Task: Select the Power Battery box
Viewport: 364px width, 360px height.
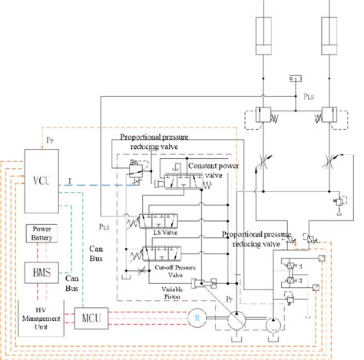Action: [x=42, y=231]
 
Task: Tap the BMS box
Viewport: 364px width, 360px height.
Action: [x=41, y=271]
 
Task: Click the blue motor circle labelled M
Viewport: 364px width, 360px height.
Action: [x=196, y=316]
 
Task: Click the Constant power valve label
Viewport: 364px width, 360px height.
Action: [x=213, y=170]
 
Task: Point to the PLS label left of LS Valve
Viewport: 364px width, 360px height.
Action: [x=106, y=226]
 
